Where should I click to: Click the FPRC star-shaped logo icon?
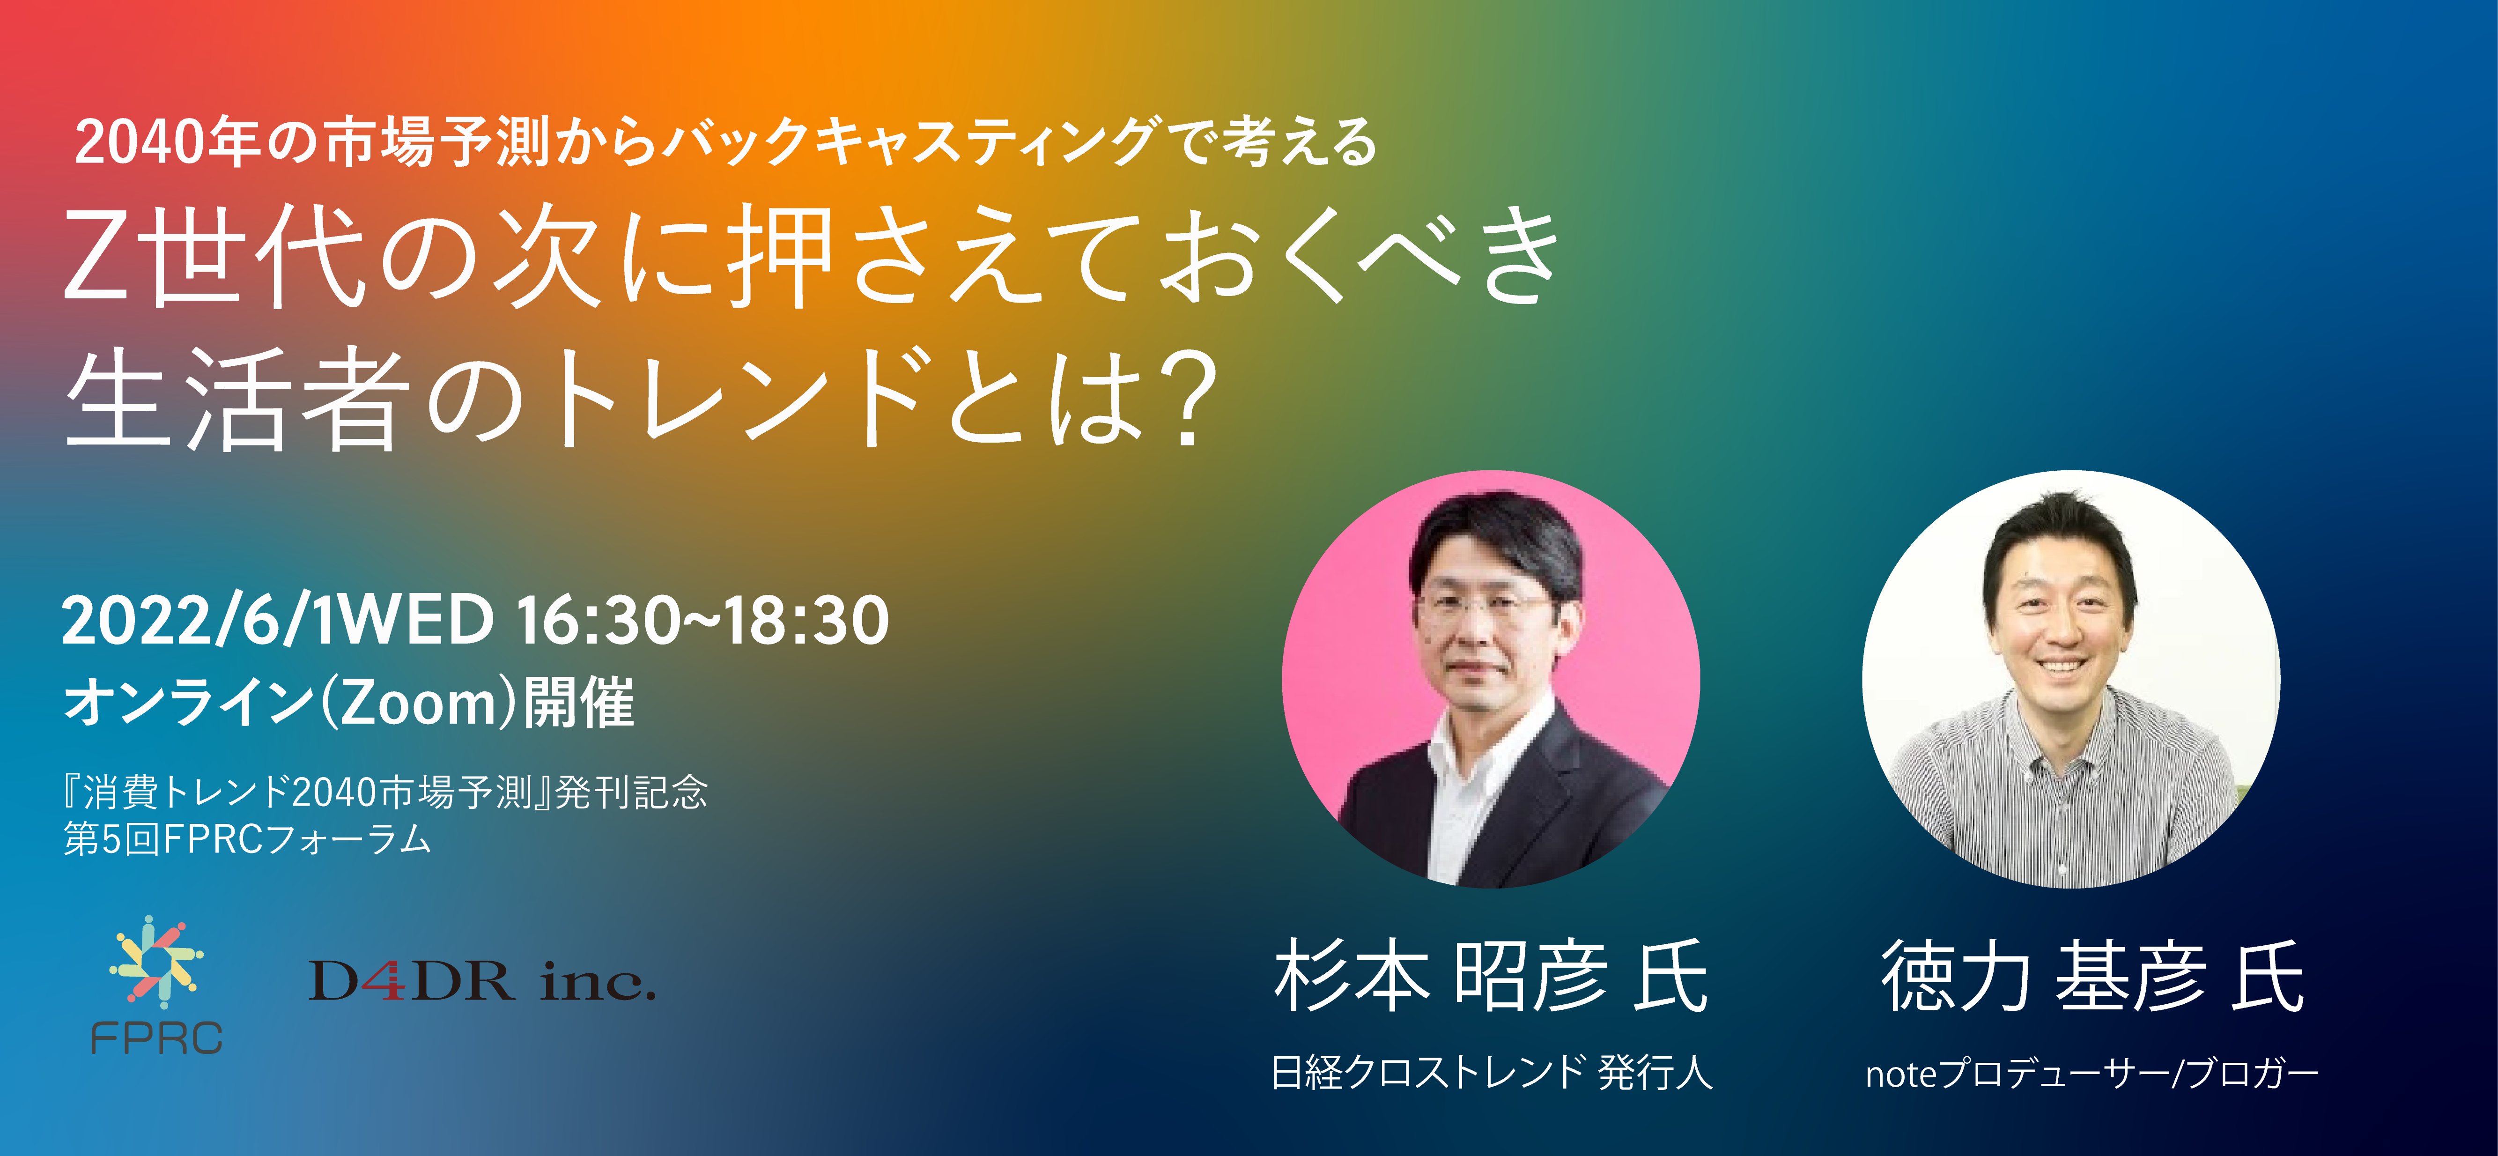click(x=156, y=962)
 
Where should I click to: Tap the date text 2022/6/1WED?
click(x=278, y=621)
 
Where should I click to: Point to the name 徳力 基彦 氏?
click(x=2092, y=977)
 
